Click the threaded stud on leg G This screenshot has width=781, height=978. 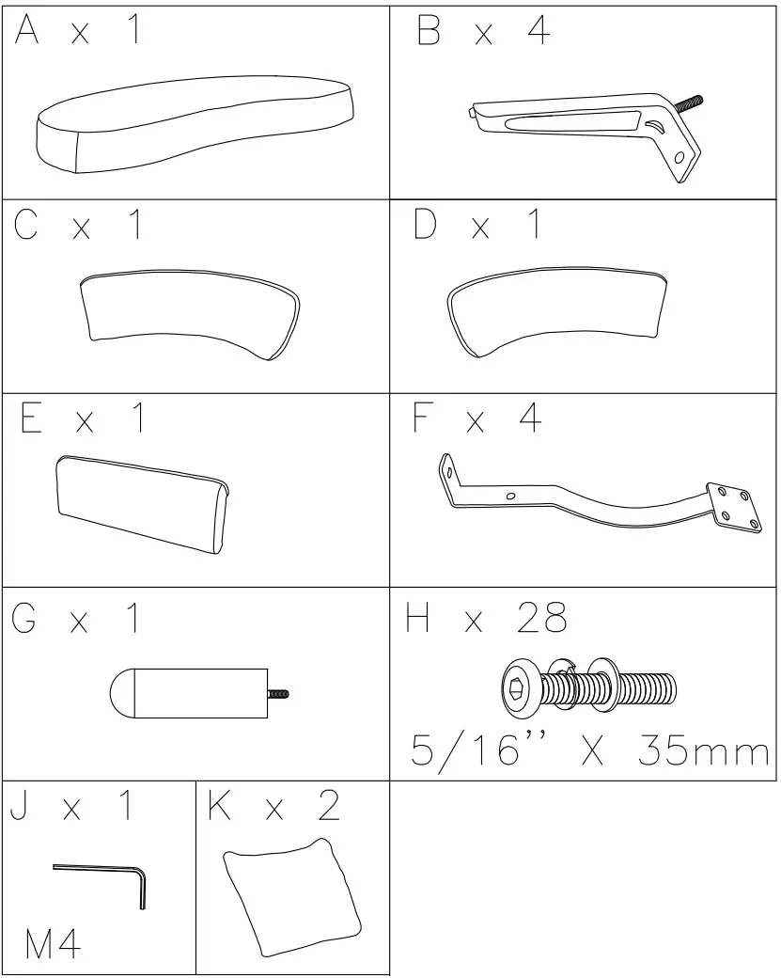(278, 695)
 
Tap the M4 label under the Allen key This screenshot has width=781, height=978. (53, 945)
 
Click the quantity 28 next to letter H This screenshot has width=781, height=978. (541, 618)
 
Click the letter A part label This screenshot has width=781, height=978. (27, 32)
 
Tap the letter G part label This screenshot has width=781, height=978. (25, 618)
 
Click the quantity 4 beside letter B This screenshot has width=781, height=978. (539, 32)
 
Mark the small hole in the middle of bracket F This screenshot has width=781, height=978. (510, 496)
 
